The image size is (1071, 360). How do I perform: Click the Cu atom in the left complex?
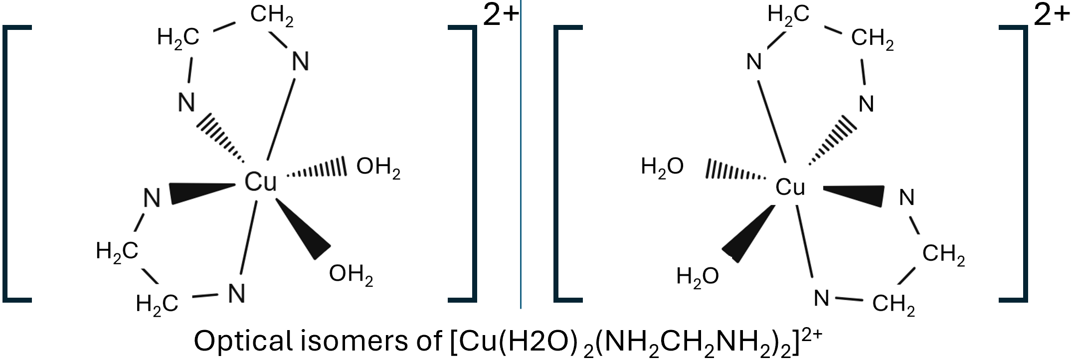(x=260, y=182)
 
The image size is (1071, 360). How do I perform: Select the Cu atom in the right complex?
(x=790, y=187)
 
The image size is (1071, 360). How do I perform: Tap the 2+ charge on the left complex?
(x=501, y=16)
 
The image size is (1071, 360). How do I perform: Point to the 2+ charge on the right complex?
(x=1052, y=16)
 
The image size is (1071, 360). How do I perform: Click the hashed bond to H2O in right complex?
(x=735, y=172)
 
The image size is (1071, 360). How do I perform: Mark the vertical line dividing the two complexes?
(x=521, y=155)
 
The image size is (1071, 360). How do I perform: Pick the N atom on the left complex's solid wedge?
(x=152, y=198)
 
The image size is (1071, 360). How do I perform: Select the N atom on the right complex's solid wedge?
(x=906, y=198)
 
